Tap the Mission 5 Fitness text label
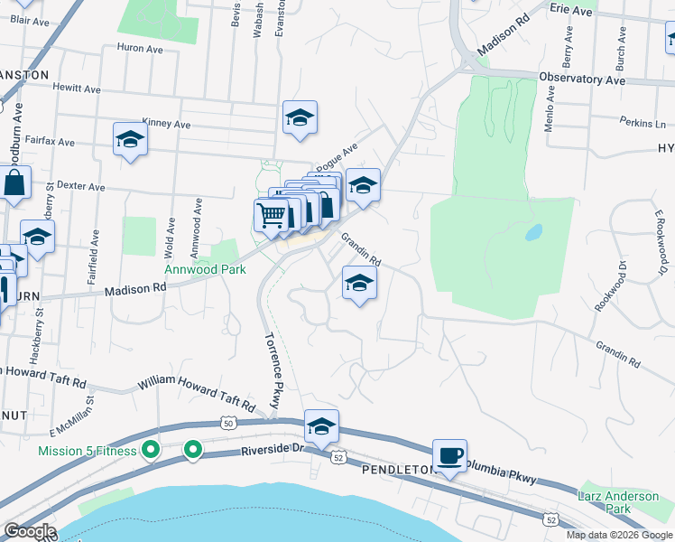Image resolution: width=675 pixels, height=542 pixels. pos(87,450)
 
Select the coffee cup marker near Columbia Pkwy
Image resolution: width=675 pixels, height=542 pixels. pos(448,455)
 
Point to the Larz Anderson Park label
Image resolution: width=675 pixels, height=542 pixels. pos(618,503)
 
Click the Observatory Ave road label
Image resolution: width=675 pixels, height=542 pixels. pos(582,79)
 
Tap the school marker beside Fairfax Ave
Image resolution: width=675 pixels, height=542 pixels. pos(131,139)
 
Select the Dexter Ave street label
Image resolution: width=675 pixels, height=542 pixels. pos(81,187)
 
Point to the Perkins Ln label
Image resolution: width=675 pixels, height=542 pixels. pos(643,121)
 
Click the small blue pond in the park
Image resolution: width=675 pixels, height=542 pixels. pos(533,231)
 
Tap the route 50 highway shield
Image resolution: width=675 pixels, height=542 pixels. pos(228,422)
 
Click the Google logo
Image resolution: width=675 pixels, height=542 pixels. pos(29,531)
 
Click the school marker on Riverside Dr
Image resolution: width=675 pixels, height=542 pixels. pos(321,425)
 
